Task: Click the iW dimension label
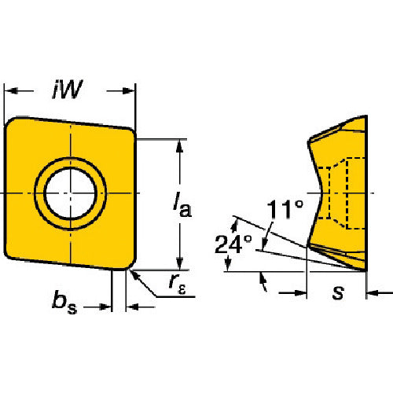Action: point(68,90)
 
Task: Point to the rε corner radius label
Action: point(177,285)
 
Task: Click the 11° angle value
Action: point(285,209)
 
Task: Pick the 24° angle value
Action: point(233,244)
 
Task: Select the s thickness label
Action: point(338,292)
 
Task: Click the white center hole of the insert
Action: point(70,193)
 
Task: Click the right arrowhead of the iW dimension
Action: point(128,91)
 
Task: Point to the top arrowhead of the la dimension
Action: point(179,146)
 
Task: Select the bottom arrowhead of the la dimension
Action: point(179,263)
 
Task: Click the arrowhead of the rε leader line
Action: point(134,276)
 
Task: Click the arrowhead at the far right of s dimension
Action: point(373,293)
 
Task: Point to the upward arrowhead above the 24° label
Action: point(235,226)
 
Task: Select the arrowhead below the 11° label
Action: point(265,243)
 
